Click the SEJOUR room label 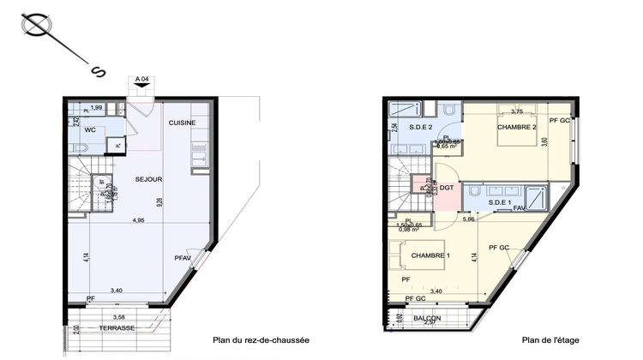pyautogui.click(x=149, y=178)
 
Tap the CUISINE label pyautogui.click(x=182, y=123)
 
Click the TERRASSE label pyautogui.click(x=116, y=328)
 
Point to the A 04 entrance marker pyautogui.click(x=142, y=80)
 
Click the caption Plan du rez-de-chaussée pyautogui.click(x=261, y=340)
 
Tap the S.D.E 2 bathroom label pyautogui.click(x=421, y=127)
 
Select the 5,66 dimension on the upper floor pyautogui.click(x=469, y=219)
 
